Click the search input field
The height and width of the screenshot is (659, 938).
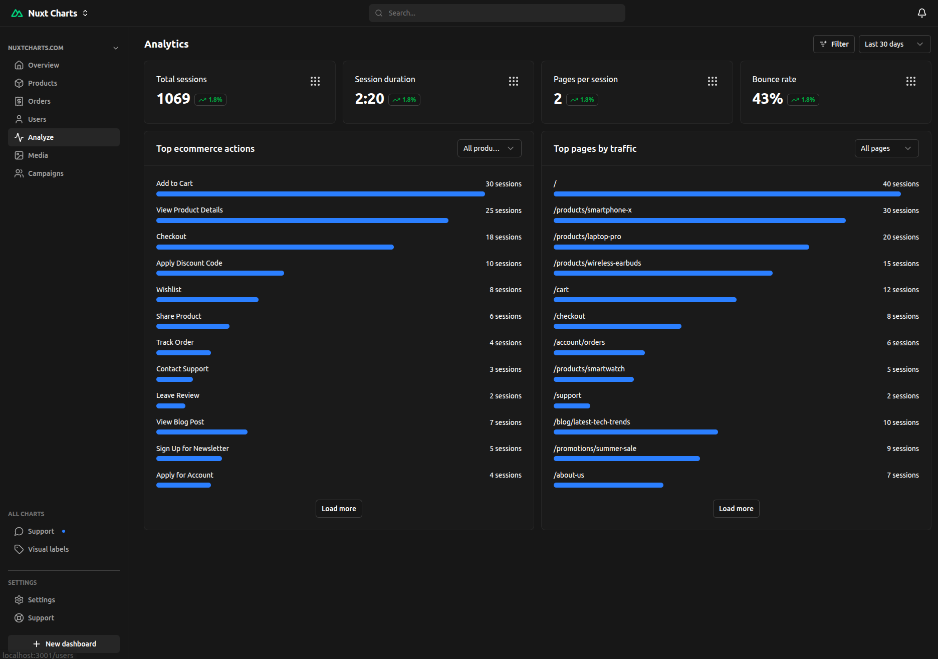point(496,13)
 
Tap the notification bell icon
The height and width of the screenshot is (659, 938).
point(921,13)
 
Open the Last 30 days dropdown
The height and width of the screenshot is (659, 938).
point(894,44)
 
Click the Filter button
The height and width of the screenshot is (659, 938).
point(833,44)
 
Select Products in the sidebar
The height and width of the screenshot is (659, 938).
point(42,83)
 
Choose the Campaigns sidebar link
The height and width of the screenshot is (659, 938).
point(45,173)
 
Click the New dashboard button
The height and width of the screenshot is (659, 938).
point(64,643)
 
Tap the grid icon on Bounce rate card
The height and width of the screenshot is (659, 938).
point(910,81)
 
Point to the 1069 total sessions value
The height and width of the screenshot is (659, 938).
point(173,99)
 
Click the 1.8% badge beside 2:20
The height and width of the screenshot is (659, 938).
point(404,100)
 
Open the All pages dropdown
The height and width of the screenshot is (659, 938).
point(886,148)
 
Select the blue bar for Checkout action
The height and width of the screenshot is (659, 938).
point(275,247)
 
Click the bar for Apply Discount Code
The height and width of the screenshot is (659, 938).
point(220,273)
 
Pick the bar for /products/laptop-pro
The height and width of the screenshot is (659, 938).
point(681,247)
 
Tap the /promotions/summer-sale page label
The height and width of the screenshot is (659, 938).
point(595,449)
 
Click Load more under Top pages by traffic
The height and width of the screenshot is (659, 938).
point(736,509)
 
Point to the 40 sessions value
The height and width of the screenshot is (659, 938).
point(900,184)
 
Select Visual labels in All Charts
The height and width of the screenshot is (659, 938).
point(48,549)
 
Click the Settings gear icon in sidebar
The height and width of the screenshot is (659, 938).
point(19,600)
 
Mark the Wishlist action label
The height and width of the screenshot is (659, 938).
point(169,290)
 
